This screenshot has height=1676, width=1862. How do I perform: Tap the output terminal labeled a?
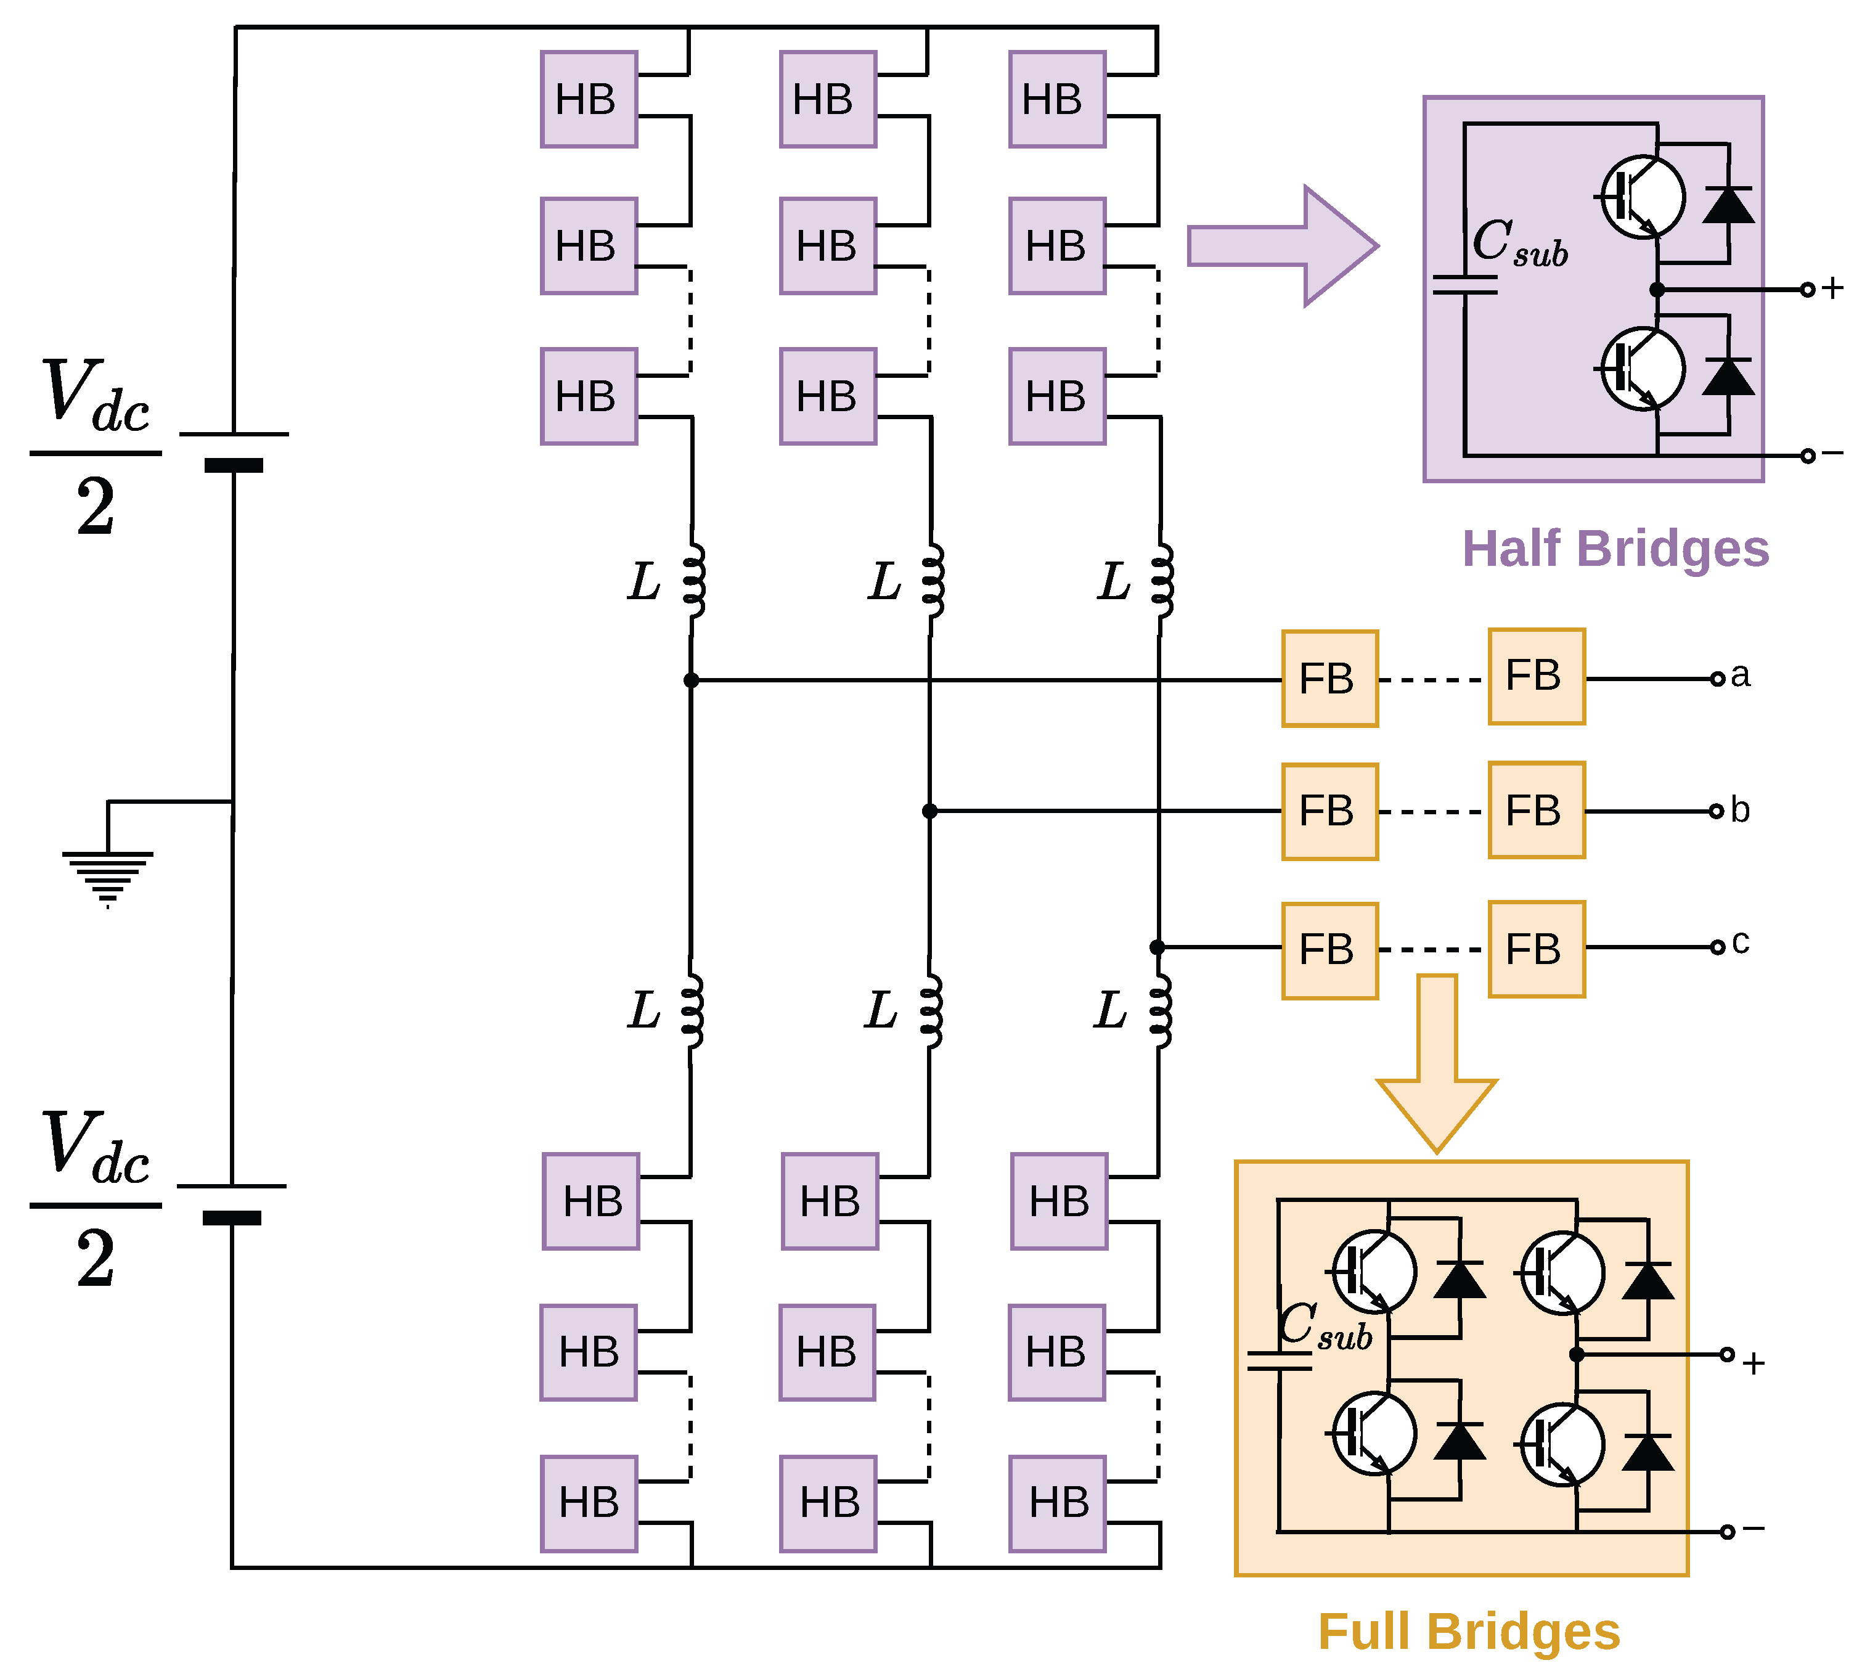[x=1717, y=680]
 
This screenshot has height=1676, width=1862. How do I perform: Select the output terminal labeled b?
[x=1715, y=811]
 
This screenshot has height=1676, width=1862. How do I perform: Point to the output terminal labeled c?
[x=1717, y=947]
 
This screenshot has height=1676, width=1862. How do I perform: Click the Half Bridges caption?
[x=1615, y=549]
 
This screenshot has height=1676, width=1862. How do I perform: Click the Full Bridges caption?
[x=1470, y=1632]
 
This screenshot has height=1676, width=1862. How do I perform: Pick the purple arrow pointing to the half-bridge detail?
[x=1283, y=246]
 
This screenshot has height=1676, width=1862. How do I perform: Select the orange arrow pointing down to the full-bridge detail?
[x=1437, y=1064]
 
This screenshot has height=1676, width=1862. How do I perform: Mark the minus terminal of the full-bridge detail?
[x=1728, y=1531]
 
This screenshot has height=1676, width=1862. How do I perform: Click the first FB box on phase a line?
[x=1329, y=679]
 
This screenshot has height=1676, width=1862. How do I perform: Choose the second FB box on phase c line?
[x=1537, y=949]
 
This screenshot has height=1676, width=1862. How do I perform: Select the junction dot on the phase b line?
[x=930, y=811]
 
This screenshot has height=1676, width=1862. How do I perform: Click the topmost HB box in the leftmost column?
[x=589, y=99]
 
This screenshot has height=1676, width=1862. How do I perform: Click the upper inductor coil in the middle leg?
[x=933, y=579]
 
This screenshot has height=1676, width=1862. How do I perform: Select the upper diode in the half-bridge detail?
[x=1728, y=205]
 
